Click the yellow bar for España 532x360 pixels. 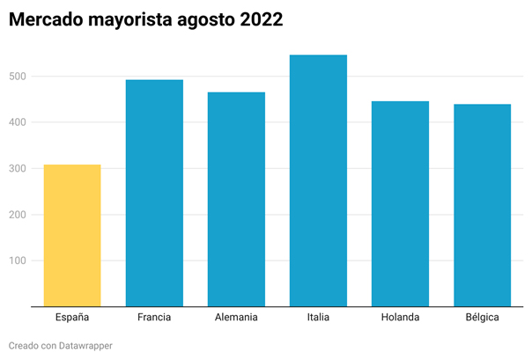click(x=72, y=236)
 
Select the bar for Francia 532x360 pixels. click(x=154, y=194)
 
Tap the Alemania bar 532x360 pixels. click(x=236, y=200)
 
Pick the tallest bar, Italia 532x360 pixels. click(x=318, y=181)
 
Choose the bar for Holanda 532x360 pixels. click(x=400, y=204)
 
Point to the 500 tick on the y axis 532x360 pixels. click(x=16, y=77)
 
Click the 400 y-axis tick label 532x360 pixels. click(x=16, y=122)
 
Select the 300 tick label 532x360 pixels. click(x=16, y=169)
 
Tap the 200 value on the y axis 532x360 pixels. click(x=16, y=215)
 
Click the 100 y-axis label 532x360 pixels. click(x=16, y=261)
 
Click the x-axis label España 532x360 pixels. click(x=72, y=318)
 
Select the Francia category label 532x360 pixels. click(x=154, y=318)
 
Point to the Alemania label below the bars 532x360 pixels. click(x=236, y=318)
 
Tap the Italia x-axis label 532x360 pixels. click(x=318, y=318)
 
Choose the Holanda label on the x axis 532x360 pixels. click(x=400, y=318)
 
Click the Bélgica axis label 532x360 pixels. click(x=482, y=318)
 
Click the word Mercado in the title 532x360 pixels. click(x=44, y=19)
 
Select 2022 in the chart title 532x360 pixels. click(x=262, y=19)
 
